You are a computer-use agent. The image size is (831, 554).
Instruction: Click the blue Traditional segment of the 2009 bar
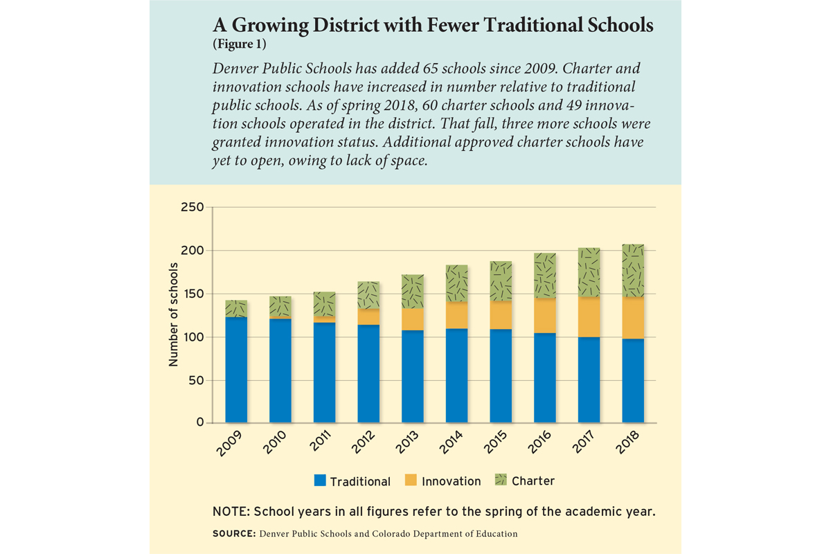tap(236, 370)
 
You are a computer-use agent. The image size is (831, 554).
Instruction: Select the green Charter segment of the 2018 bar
tap(633, 271)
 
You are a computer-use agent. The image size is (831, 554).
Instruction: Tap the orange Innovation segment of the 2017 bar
tap(589, 317)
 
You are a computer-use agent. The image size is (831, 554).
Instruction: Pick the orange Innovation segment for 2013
tap(413, 319)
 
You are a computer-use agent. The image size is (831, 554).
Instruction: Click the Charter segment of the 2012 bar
tap(368, 295)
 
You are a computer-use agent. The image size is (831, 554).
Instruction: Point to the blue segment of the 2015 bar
tap(501, 376)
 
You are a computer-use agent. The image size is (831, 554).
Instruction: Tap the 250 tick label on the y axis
tap(193, 207)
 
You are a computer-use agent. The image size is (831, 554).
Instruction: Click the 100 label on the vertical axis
tap(193, 337)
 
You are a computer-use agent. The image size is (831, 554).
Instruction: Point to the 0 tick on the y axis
tap(200, 422)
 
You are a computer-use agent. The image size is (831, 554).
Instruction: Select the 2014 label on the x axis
tap(451, 442)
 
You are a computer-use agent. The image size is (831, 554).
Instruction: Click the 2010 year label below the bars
tap(274, 442)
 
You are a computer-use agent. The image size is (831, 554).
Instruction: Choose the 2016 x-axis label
tap(539, 442)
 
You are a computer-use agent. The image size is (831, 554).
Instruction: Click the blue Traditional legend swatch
tap(320, 480)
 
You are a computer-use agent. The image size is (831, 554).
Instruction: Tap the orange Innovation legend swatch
tap(411, 480)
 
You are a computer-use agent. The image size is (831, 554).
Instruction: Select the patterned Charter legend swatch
tap(501, 479)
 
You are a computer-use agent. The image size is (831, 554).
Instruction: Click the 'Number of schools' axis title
tap(173, 314)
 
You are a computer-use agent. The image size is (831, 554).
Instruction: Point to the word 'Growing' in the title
tap(269, 25)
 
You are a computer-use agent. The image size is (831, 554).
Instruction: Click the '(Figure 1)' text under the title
tap(240, 44)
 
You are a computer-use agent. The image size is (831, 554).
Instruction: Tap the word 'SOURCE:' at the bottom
tap(234, 534)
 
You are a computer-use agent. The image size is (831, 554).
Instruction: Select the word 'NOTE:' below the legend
tap(231, 512)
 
